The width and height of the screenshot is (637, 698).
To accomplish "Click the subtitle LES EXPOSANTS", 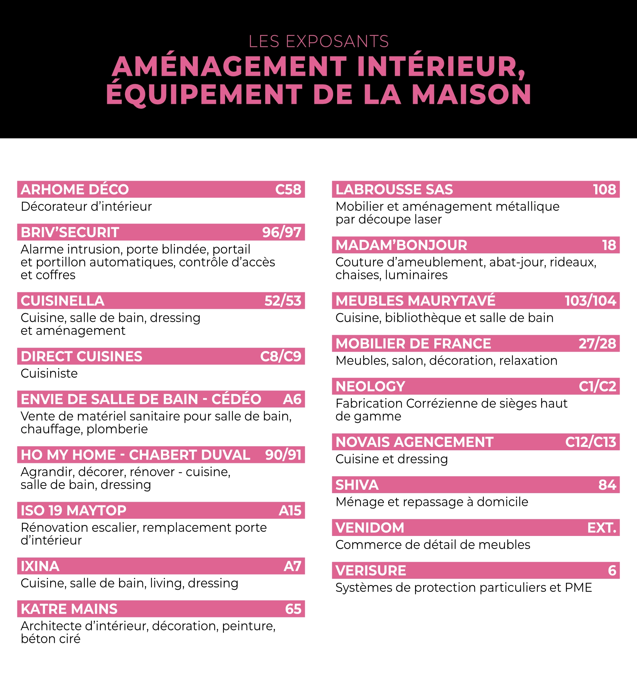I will tap(318, 42).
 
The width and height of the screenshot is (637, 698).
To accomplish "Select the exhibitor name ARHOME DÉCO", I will tap(75, 189).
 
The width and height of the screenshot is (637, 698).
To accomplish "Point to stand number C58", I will tap(288, 189).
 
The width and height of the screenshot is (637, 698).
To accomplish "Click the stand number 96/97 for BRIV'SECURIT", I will tap(282, 232).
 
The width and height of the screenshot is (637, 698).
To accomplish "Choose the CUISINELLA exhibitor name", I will tap(63, 301).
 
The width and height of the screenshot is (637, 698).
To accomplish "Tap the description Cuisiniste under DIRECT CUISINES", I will tap(49, 373).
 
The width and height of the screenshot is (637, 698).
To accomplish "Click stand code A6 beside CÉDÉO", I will tap(292, 399).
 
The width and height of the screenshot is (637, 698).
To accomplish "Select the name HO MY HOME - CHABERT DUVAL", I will tap(135, 455).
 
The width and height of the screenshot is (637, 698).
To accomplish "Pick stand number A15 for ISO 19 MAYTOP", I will tap(290, 511).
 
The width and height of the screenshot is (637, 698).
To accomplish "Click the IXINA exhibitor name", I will tap(40, 566).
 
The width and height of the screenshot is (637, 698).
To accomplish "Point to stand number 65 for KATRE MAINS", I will tap(293, 609).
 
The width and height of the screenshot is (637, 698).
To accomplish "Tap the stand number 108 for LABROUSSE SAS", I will tap(604, 189).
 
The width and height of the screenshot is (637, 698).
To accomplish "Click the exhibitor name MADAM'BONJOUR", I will tap(401, 245).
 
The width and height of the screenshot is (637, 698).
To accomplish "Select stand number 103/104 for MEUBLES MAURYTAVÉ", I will tap(590, 301).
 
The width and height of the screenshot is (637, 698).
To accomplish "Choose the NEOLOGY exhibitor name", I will tap(370, 387).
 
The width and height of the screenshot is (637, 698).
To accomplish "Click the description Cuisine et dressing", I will tap(392, 459).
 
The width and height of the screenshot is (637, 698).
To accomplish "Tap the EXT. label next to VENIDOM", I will tap(602, 528).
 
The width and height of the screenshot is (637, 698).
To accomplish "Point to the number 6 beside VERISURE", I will tap(612, 570).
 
